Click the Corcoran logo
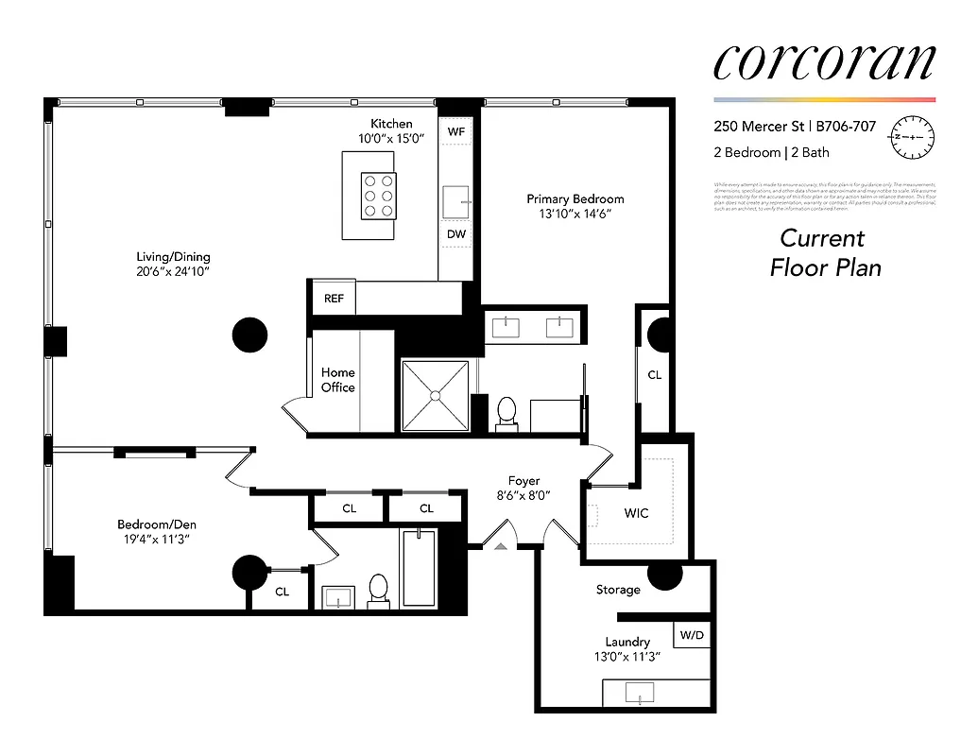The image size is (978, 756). pos(824,62)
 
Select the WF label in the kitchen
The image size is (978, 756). pos(456,131)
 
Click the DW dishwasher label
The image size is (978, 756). pos(456,233)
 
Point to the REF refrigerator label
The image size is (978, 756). pos(334,299)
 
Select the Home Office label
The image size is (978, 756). pos(337,380)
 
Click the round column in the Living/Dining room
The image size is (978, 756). pos(250,334)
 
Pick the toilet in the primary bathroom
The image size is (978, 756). pos(506,413)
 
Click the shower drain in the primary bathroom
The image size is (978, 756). pos(435,394)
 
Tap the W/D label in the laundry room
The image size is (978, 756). pos(692,634)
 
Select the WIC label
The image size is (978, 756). pos(637,513)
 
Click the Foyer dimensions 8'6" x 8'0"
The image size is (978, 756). pos(523,495)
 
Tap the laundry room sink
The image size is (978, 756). pos(641,694)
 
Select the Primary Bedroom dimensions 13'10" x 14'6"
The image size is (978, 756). pos(575,215)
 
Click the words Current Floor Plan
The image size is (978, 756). pos(825,253)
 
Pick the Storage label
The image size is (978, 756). pos(618,590)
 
